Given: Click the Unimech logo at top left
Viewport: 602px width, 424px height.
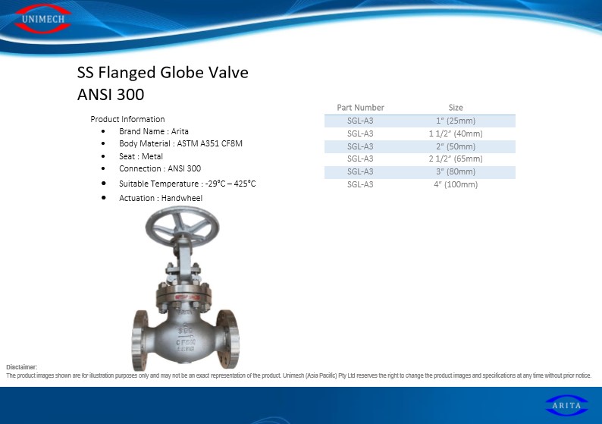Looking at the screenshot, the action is [x=42, y=18].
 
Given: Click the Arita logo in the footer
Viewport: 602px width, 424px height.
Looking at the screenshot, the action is [x=566, y=405].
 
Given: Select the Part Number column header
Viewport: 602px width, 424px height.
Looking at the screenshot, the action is [x=360, y=108].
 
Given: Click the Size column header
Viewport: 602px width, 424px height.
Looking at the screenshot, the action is [x=456, y=108].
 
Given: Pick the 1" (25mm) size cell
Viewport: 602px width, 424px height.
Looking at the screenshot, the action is [x=456, y=121].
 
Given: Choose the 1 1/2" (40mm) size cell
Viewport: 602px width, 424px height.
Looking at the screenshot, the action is [x=456, y=133].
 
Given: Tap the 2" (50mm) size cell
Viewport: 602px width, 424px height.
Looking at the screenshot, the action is [x=456, y=146].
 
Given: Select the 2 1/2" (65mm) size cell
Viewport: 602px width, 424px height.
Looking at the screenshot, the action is [x=456, y=159].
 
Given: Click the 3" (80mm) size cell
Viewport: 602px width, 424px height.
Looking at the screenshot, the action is [x=456, y=171].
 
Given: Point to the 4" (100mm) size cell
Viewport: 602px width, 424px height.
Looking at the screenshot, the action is [x=456, y=184].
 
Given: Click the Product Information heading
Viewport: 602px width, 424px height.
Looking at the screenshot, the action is [x=127, y=119].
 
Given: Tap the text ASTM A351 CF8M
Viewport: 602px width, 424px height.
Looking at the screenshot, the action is [x=209, y=143].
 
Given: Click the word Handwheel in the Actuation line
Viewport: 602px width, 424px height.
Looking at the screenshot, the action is [x=182, y=198].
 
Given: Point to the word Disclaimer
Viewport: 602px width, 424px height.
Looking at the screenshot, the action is [x=22, y=367].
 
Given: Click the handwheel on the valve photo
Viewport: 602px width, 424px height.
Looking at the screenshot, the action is [x=182, y=227].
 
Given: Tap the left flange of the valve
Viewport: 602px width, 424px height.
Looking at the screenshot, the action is [x=140, y=340].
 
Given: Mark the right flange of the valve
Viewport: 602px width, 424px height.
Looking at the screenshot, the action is [x=228, y=339].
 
